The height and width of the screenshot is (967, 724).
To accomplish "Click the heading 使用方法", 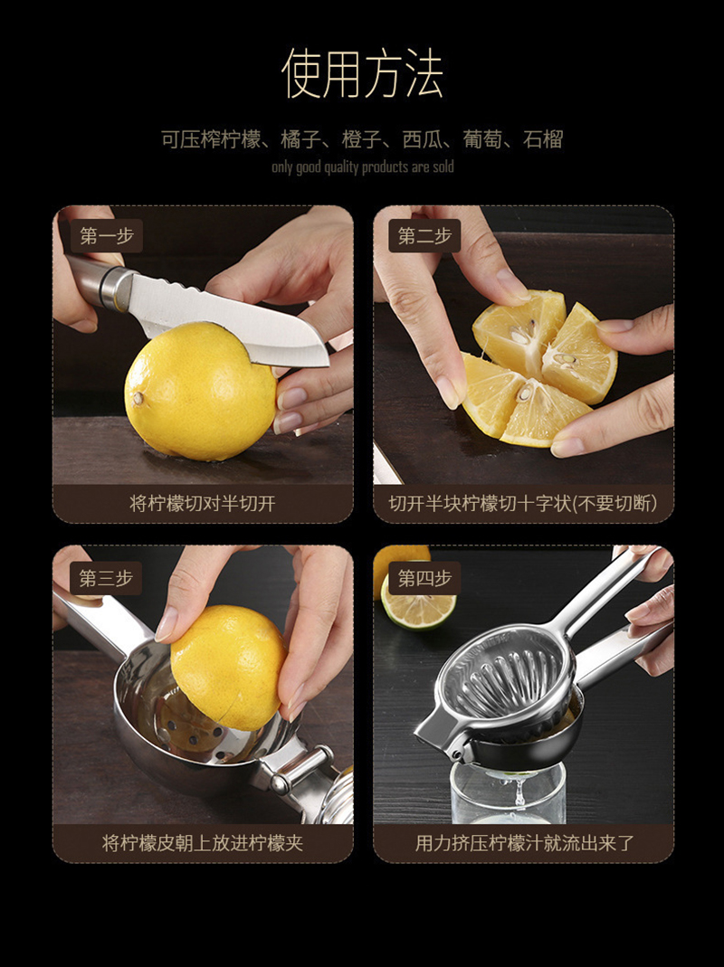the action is point(362,73).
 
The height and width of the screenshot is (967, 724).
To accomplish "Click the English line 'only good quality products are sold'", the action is point(362,167).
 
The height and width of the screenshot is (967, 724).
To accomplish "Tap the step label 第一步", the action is point(107,235).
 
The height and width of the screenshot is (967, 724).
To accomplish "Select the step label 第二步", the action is point(424,235).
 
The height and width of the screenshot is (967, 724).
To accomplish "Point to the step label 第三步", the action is point(106,578).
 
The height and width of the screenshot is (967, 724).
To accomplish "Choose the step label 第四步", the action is point(424,578).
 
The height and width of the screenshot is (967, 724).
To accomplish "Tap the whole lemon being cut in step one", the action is point(201,392).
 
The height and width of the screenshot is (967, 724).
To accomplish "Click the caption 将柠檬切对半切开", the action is point(203,503).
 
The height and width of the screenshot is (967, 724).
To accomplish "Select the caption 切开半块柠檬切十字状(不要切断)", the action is point(523,503).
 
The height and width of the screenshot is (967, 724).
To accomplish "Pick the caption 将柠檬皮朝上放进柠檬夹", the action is point(203,842).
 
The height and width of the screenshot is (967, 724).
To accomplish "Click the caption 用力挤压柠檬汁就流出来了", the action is point(524,842).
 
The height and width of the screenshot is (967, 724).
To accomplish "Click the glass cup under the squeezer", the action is point(508,792).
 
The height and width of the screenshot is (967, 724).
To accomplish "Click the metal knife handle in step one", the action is point(99,281).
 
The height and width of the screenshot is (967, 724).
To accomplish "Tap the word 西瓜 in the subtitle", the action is point(422,139).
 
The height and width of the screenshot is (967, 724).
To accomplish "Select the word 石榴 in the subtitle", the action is point(543,139).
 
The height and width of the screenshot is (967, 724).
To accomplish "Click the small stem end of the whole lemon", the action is point(138,398).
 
